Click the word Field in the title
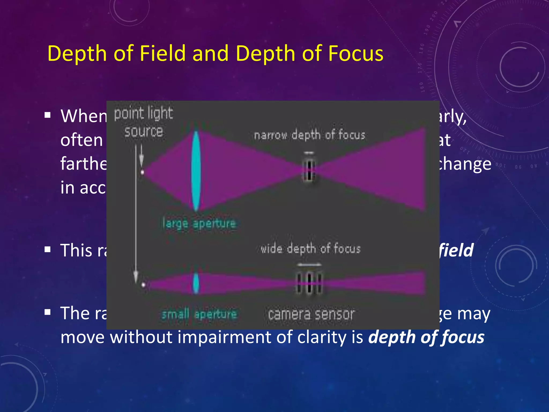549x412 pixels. point(162,53)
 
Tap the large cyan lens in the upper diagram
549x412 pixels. point(196,171)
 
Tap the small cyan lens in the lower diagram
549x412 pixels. point(196,283)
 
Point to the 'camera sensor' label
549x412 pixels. point(311,314)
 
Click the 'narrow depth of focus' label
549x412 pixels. point(310,135)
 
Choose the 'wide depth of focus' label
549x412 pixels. point(310,249)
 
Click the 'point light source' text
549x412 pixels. point(144,122)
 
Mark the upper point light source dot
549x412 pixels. point(142,172)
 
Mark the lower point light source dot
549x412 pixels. point(143,285)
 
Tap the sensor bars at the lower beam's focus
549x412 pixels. point(309,283)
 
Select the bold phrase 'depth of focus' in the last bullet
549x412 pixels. point(426,337)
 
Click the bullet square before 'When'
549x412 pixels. point(48,115)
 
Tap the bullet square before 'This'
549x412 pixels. point(48,250)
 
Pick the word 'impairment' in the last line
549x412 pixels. point(225,337)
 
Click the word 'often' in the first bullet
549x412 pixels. point(81,140)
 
